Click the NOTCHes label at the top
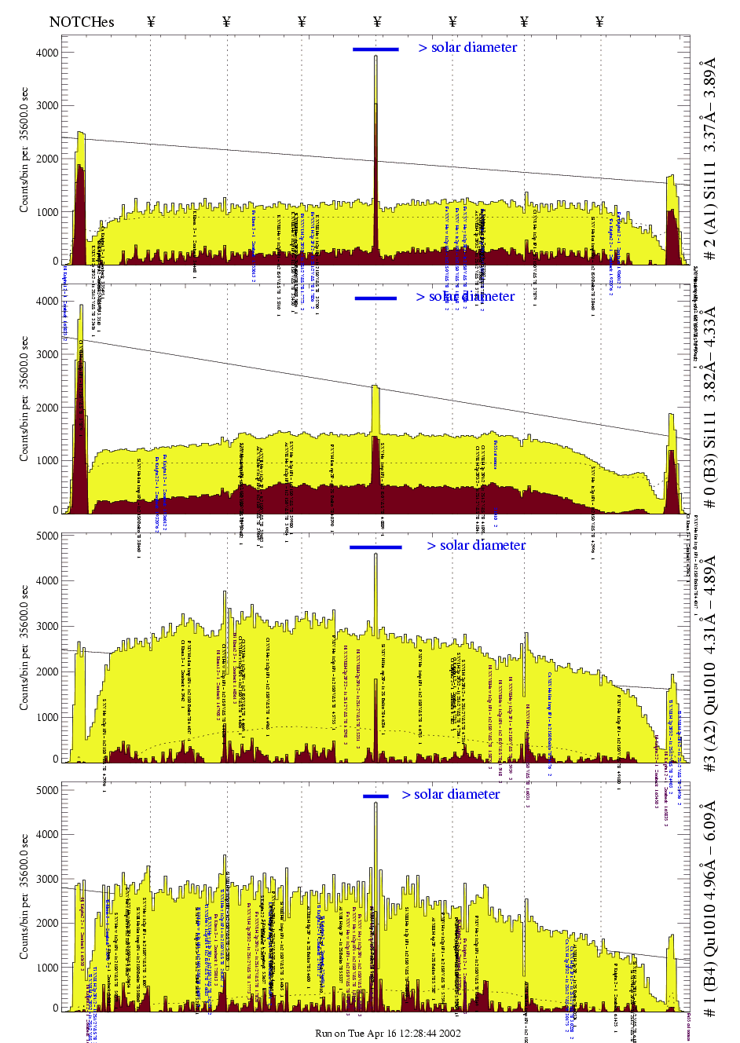pos(82,22)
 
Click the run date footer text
pos(388,1033)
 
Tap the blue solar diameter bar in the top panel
pos(375,49)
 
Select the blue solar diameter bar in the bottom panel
pos(375,796)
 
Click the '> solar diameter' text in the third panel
pos(476,546)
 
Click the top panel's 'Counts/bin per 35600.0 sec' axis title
pos(24,150)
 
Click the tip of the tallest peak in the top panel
pos(375,57)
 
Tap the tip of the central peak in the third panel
pos(375,555)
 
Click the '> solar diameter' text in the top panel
pos(467,48)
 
